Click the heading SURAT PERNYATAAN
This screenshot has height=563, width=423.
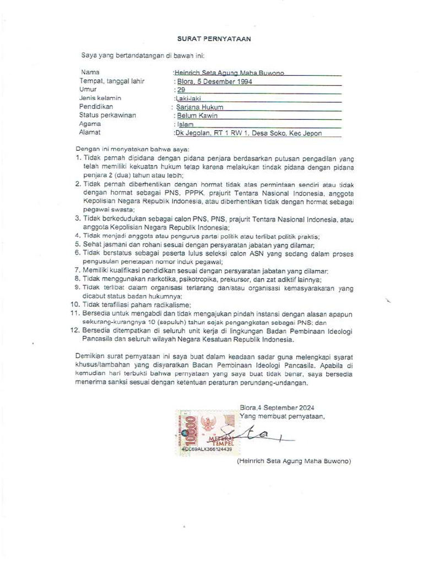214,39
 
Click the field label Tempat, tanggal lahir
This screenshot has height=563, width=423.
112,81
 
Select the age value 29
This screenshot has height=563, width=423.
180,90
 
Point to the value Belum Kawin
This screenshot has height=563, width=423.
197,116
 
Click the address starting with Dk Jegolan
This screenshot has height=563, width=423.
256,133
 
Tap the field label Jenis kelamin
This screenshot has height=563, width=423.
100,98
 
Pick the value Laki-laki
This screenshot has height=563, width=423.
188,99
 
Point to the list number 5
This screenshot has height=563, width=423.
78,244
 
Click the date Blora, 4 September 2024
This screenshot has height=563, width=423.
276,408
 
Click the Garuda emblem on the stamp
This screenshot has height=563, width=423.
208,424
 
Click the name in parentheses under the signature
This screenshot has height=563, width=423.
294,462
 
